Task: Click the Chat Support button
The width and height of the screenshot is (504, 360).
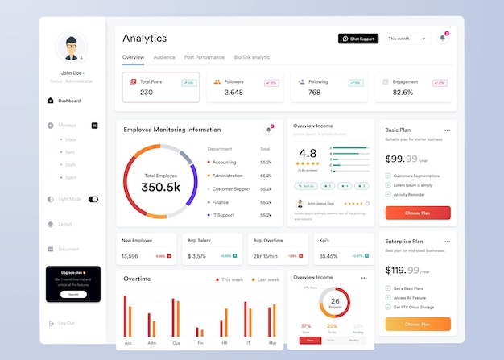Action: [358, 39]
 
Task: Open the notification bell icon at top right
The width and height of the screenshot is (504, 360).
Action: [442, 38]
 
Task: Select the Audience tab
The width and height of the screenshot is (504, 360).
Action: [164, 57]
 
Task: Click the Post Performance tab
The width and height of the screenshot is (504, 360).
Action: [204, 57]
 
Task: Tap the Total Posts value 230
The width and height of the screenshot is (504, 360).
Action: [147, 93]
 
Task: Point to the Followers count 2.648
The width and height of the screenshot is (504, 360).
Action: [233, 93]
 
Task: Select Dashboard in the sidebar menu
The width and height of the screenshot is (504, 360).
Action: [69, 101]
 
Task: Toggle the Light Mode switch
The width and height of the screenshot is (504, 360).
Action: [93, 199]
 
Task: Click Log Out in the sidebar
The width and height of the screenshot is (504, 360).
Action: [66, 323]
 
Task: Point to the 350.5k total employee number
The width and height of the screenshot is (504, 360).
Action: [160, 187]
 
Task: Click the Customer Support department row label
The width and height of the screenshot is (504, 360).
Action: [231, 188]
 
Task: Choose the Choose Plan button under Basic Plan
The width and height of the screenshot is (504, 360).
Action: [417, 213]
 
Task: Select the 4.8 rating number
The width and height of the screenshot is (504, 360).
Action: [308, 153]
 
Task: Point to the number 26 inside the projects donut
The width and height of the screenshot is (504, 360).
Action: [334, 301]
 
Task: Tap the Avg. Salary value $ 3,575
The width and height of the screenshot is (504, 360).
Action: [196, 256]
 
